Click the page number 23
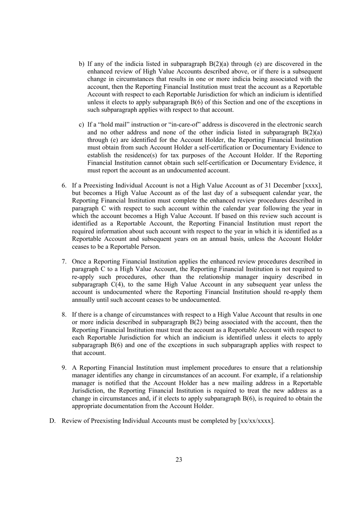click(x=179, y=460)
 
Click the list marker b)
click(x=81, y=64)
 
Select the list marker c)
click(x=81, y=125)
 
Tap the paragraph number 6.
click(x=64, y=185)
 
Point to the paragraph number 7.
click(x=64, y=262)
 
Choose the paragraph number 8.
click(x=64, y=315)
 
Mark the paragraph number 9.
click(x=64, y=368)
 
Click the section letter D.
click(x=52, y=421)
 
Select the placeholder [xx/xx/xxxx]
click(x=256, y=421)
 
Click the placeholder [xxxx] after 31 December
click(x=311, y=185)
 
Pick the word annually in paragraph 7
click(x=83, y=300)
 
